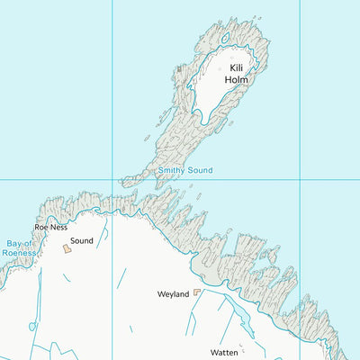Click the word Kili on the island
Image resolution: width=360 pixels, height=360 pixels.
pyautogui.click(x=237, y=67)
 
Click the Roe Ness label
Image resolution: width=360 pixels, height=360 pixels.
pyautogui.click(x=50, y=228)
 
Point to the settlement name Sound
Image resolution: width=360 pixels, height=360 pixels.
pyautogui.click(x=82, y=241)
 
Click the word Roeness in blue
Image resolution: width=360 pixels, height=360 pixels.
pyautogui.click(x=18, y=253)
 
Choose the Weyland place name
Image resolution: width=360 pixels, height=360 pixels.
pyautogui.click(x=173, y=294)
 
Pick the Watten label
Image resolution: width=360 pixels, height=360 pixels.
pyautogui.click(x=223, y=352)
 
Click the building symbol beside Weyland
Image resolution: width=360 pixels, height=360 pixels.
pyautogui.click(x=197, y=292)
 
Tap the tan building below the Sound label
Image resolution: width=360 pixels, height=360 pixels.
pyautogui.click(x=67, y=249)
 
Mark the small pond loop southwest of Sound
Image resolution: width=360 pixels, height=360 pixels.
pyautogui.click(x=33, y=326)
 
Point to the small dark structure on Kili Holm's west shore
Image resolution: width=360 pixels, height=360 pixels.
pyautogui.click(x=180, y=67)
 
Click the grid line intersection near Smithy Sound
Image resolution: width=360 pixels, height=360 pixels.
pyautogui.click(x=112, y=179)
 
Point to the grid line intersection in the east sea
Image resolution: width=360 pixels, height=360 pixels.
pyautogui.click(x=300, y=179)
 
